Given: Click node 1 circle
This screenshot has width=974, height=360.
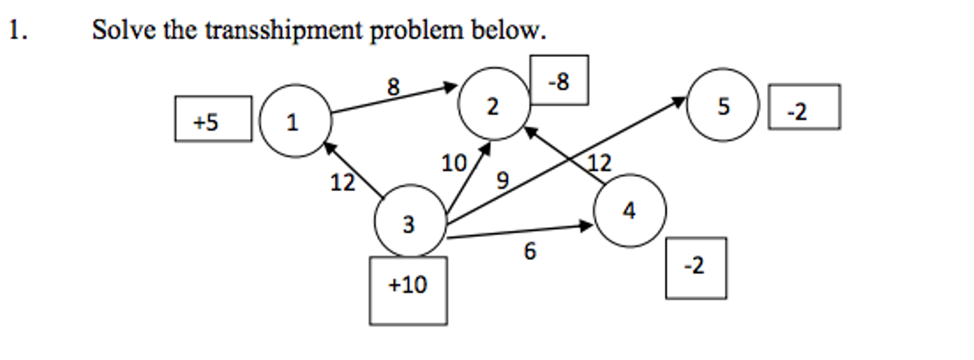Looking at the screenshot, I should tap(295, 121).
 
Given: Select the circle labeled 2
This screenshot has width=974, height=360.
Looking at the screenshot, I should tap(494, 104).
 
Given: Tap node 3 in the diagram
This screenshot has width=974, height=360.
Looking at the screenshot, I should tap(410, 221).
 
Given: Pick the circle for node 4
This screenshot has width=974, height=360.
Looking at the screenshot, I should tap(629, 210).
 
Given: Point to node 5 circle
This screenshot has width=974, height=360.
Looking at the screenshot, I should tap(723, 105).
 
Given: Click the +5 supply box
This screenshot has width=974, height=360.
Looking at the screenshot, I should tap(213, 119).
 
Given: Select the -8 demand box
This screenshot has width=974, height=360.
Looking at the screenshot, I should tap(559, 80).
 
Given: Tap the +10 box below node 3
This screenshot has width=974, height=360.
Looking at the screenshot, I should tap(408, 290).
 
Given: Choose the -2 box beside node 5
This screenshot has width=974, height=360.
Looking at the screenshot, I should tap(804, 107).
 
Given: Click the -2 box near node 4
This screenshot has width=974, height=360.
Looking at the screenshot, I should tap(696, 268).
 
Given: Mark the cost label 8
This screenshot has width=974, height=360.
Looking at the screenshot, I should tap(393, 87).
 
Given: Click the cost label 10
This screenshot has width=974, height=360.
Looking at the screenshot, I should tap(453, 163).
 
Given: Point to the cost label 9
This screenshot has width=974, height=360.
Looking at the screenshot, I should tap(502, 180).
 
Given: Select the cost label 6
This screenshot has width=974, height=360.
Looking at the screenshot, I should tap(530, 251).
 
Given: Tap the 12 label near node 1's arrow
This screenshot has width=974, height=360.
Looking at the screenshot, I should tap(342, 182).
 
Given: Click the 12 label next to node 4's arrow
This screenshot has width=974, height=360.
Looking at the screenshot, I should tap(599, 163).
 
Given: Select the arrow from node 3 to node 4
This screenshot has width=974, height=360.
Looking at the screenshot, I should tap(519, 231).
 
